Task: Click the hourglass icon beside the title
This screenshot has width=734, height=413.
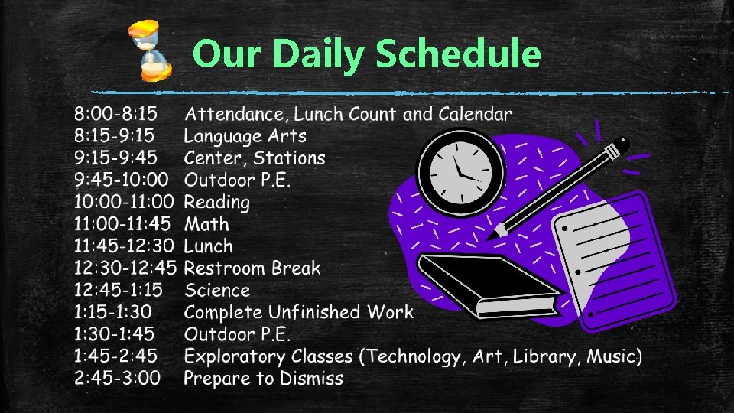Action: (x=150, y=50)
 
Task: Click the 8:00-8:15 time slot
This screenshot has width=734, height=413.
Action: (x=115, y=115)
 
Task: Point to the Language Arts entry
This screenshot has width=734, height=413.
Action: (x=245, y=137)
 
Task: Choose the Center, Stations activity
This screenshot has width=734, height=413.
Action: (x=255, y=159)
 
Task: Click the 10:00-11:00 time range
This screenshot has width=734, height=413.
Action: (x=124, y=203)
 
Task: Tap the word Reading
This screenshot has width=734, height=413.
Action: (x=217, y=203)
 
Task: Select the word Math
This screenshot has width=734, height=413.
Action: (x=206, y=225)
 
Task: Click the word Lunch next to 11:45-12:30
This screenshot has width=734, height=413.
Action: (x=208, y=246)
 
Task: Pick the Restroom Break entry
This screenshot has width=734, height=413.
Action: (x=252, y=268)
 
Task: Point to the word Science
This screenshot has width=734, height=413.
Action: (x=217, y=291)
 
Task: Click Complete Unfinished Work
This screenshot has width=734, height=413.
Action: (x=298, y=312)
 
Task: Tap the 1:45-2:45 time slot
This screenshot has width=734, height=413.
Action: (x=115, y=356)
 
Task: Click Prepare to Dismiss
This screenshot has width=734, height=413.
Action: (x=264, y=379)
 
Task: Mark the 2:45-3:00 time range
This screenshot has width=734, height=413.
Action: (x=117, y=379)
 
